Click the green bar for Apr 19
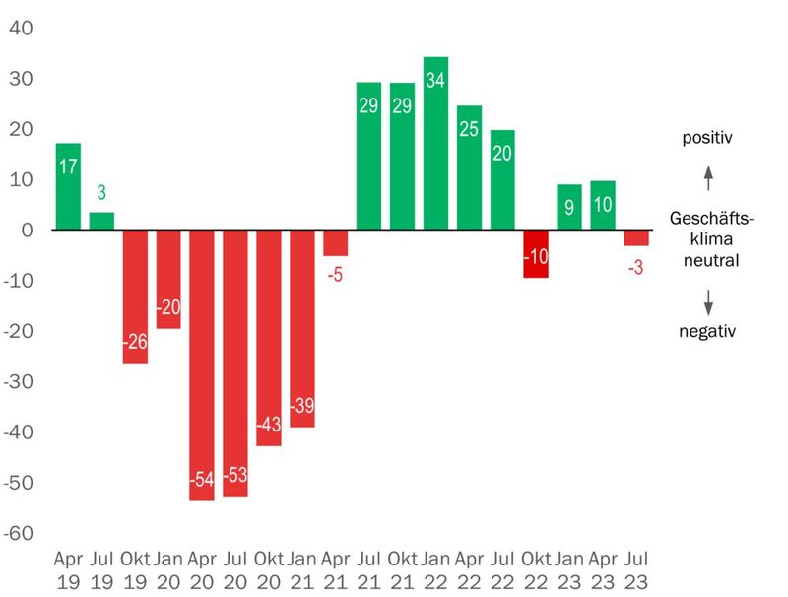pyautogui.click(x=68, y=187)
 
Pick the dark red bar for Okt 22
pyautogui.click(x=536, y=253)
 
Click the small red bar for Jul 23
pyautogui.click(x=636, y=237)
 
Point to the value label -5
pyautogui.click(x=336, y=275)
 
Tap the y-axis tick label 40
pyautogui.click(x=21, y=28)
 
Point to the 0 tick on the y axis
pyautogui.click(x=28, y=231)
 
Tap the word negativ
pyautogui.click(x=707, y=331)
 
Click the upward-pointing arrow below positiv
pyautogui.click(x=707, y=178)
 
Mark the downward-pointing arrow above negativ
pyautogui.click(x=707, y=300)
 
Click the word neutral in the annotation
pyautogui.click(x=707, y=261)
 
